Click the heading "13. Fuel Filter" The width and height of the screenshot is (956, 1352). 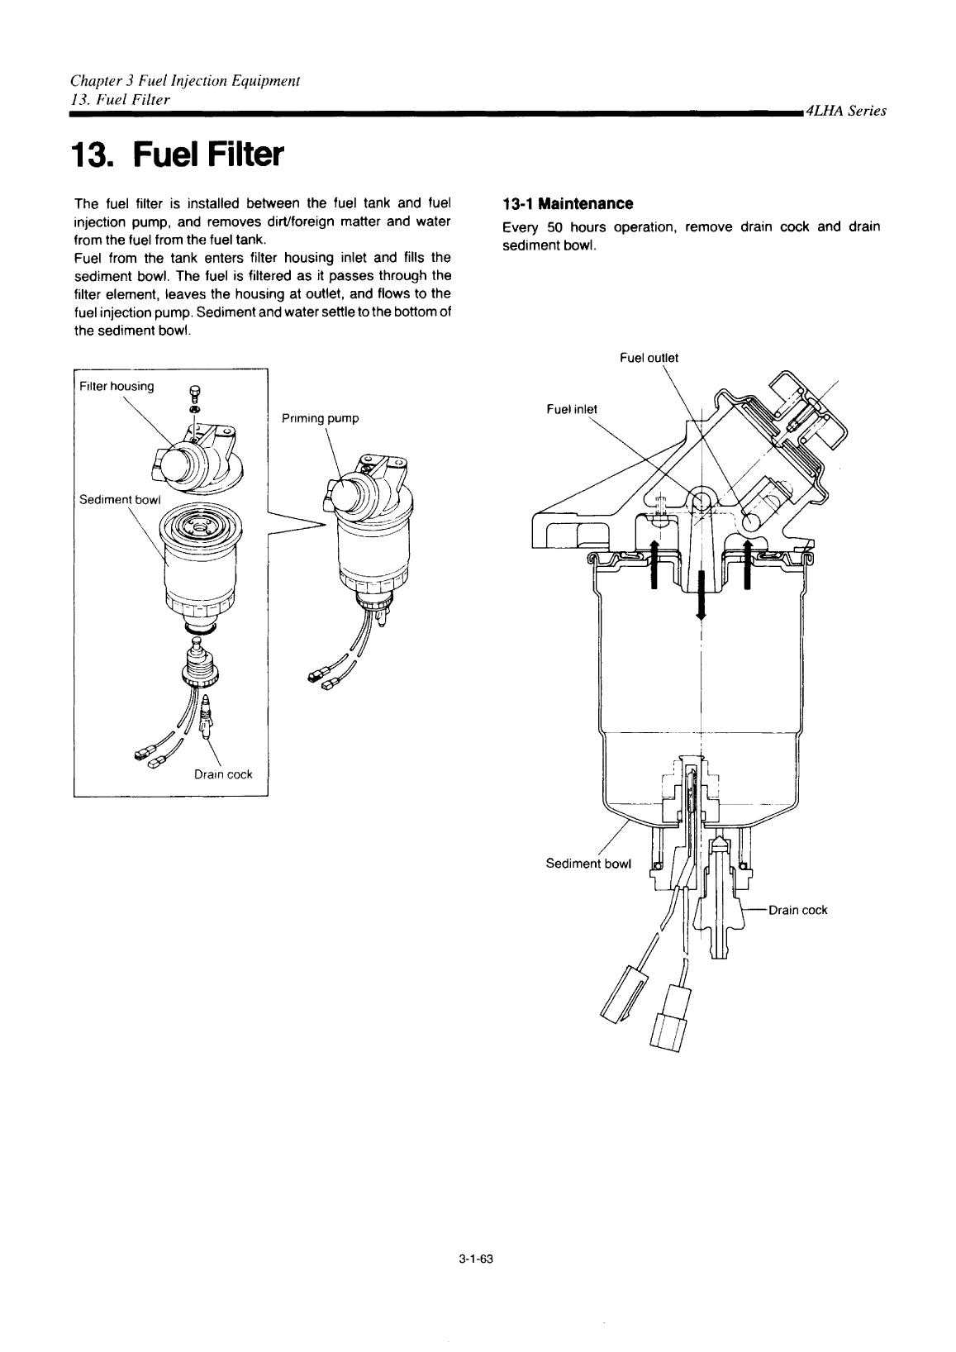coord(178,155)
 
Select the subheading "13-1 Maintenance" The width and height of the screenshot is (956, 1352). coord(568,204)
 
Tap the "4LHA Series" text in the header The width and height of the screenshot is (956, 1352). coord(846,111)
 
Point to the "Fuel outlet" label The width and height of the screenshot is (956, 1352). coord(649,358)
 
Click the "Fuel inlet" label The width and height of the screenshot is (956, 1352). coord(572,409)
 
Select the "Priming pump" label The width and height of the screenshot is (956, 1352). coord(320,418)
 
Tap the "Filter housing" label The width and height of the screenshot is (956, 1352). coord(117,386)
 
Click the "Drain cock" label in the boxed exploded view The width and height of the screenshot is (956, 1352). coord(223,774)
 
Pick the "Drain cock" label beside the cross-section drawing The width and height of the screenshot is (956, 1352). coord(798,910)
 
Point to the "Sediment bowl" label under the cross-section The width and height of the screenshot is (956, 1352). coord(588,864)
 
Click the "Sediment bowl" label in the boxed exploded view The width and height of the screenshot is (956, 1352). coord(120,500)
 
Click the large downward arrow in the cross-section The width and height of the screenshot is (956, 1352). coord(701,594)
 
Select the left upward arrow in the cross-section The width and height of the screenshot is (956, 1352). coord(654,564)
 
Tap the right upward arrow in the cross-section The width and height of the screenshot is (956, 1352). coord(747,564)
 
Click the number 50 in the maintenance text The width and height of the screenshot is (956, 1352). coord(554,227)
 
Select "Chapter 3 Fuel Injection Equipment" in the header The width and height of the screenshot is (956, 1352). coord(185,81)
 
